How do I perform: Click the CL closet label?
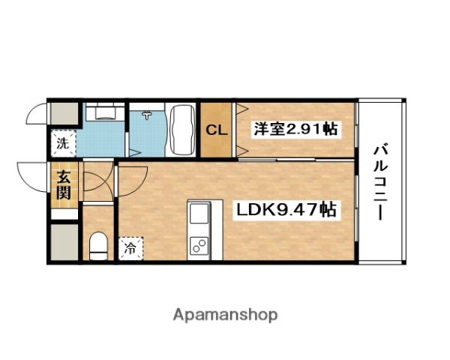217,129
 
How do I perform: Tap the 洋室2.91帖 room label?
295,129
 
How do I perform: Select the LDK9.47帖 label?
286,210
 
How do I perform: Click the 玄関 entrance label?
63,186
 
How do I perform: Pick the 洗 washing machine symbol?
63,141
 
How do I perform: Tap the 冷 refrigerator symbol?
130,245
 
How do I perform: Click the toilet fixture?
97,244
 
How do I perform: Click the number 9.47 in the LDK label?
296,210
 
